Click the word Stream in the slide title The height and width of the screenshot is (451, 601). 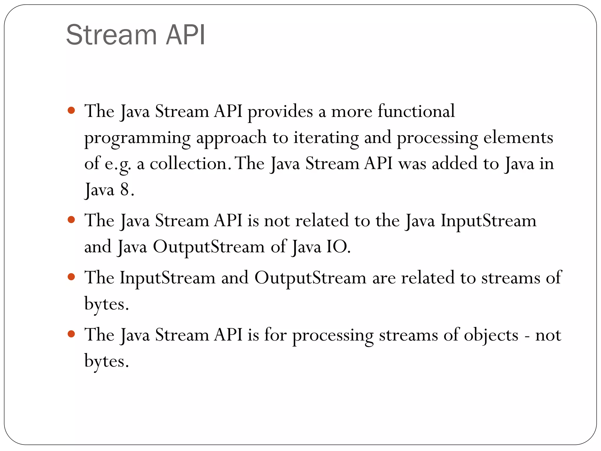click(112, 35)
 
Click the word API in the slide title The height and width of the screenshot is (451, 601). click(185, 35)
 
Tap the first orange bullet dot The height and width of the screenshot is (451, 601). click(71, 111)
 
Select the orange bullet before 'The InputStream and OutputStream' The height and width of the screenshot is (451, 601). click(71, 277)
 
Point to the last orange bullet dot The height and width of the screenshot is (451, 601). click(71, 334)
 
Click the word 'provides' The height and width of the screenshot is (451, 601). click(280, 112)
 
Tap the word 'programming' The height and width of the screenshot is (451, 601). click(137, 138)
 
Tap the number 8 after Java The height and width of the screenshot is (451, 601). click(124, 189)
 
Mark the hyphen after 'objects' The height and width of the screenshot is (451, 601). click(527, 336)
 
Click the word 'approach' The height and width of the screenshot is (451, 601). click(231, 138)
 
